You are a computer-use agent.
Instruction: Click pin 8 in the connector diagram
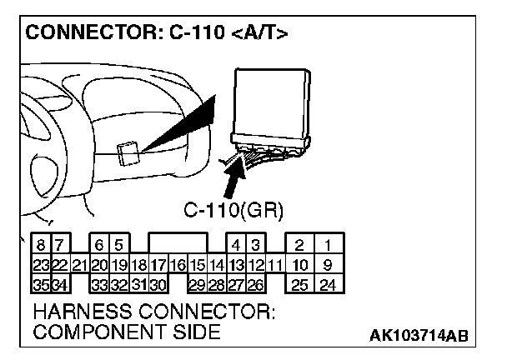tap(40, 246)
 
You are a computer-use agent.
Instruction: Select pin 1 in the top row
tap(329, 246)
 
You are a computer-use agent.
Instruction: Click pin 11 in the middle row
tap(275, 266)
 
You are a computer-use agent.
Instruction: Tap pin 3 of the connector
tap(256, 246)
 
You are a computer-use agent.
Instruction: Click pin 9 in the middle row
tap(329, 266)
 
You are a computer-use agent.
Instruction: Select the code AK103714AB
tap(419, 335)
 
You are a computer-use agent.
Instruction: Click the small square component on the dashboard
tap(128, 153)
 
